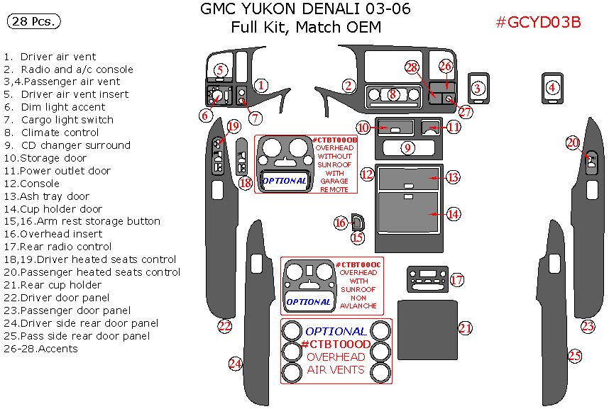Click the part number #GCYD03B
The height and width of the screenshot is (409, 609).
click(539, 22)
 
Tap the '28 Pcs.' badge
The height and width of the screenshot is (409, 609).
click(33, 22)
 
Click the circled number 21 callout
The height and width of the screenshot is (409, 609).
click(466, 327)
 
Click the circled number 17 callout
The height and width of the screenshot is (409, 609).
click(456, 281)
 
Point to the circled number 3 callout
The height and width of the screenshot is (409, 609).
click(478, 88)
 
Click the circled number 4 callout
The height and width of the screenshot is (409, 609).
click(552, 88)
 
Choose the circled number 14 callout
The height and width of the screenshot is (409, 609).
click(453, 213)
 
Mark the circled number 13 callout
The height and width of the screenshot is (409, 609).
click(453, 177)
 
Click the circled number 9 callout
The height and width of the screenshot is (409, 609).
click(407, 147)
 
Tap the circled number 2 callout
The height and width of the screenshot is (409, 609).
click(348, 86)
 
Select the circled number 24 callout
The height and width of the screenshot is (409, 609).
click(235, 364)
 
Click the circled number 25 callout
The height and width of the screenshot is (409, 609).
click(574, 356)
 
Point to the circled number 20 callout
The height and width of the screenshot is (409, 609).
click(573, 142)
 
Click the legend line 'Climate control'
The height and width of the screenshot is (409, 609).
click(60, 133)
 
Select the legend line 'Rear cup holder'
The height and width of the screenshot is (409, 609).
click(60, 285)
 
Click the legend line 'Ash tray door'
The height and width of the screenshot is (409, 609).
click(55, 196)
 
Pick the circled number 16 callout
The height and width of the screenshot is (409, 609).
click(340, 223)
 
